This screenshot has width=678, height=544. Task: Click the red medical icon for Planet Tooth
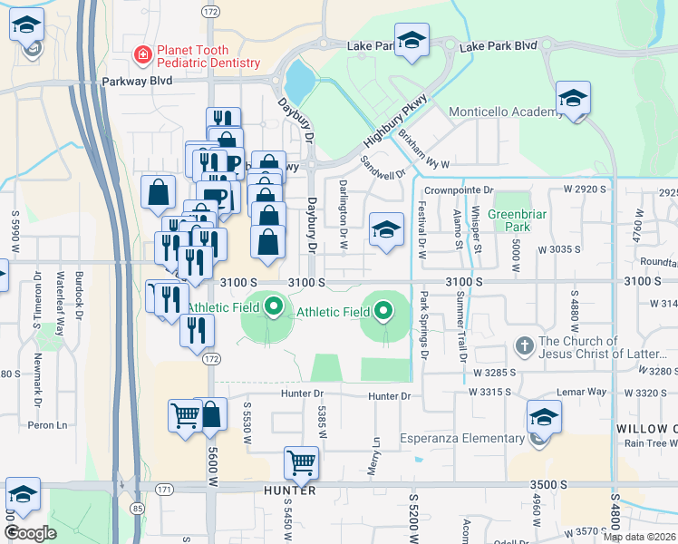pyautogui.click(x=142, y=56)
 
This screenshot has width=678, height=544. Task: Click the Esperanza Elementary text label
pyautogui.click(x=469, y=438)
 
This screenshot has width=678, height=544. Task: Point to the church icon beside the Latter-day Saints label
pyautogui.click(x=525, y=346)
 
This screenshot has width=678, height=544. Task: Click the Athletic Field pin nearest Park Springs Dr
pyautogui.click(x=383, y=311)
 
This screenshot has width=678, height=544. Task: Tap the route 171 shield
pyautogui.click(x=138, y=490)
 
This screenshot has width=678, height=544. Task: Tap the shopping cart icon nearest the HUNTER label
pyautogui.click(x=301, y=463)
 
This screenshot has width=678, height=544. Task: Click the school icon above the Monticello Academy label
pyautogui.click(x=573, y=98)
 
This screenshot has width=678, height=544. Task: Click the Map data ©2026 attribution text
pyautogui.click(x=639, y=537)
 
